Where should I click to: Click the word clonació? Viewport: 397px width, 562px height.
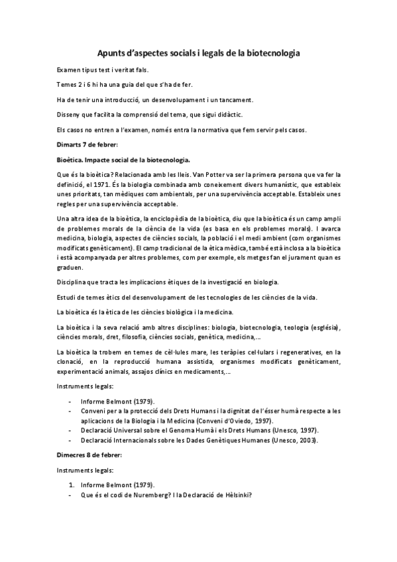click(x=73, y=362)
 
